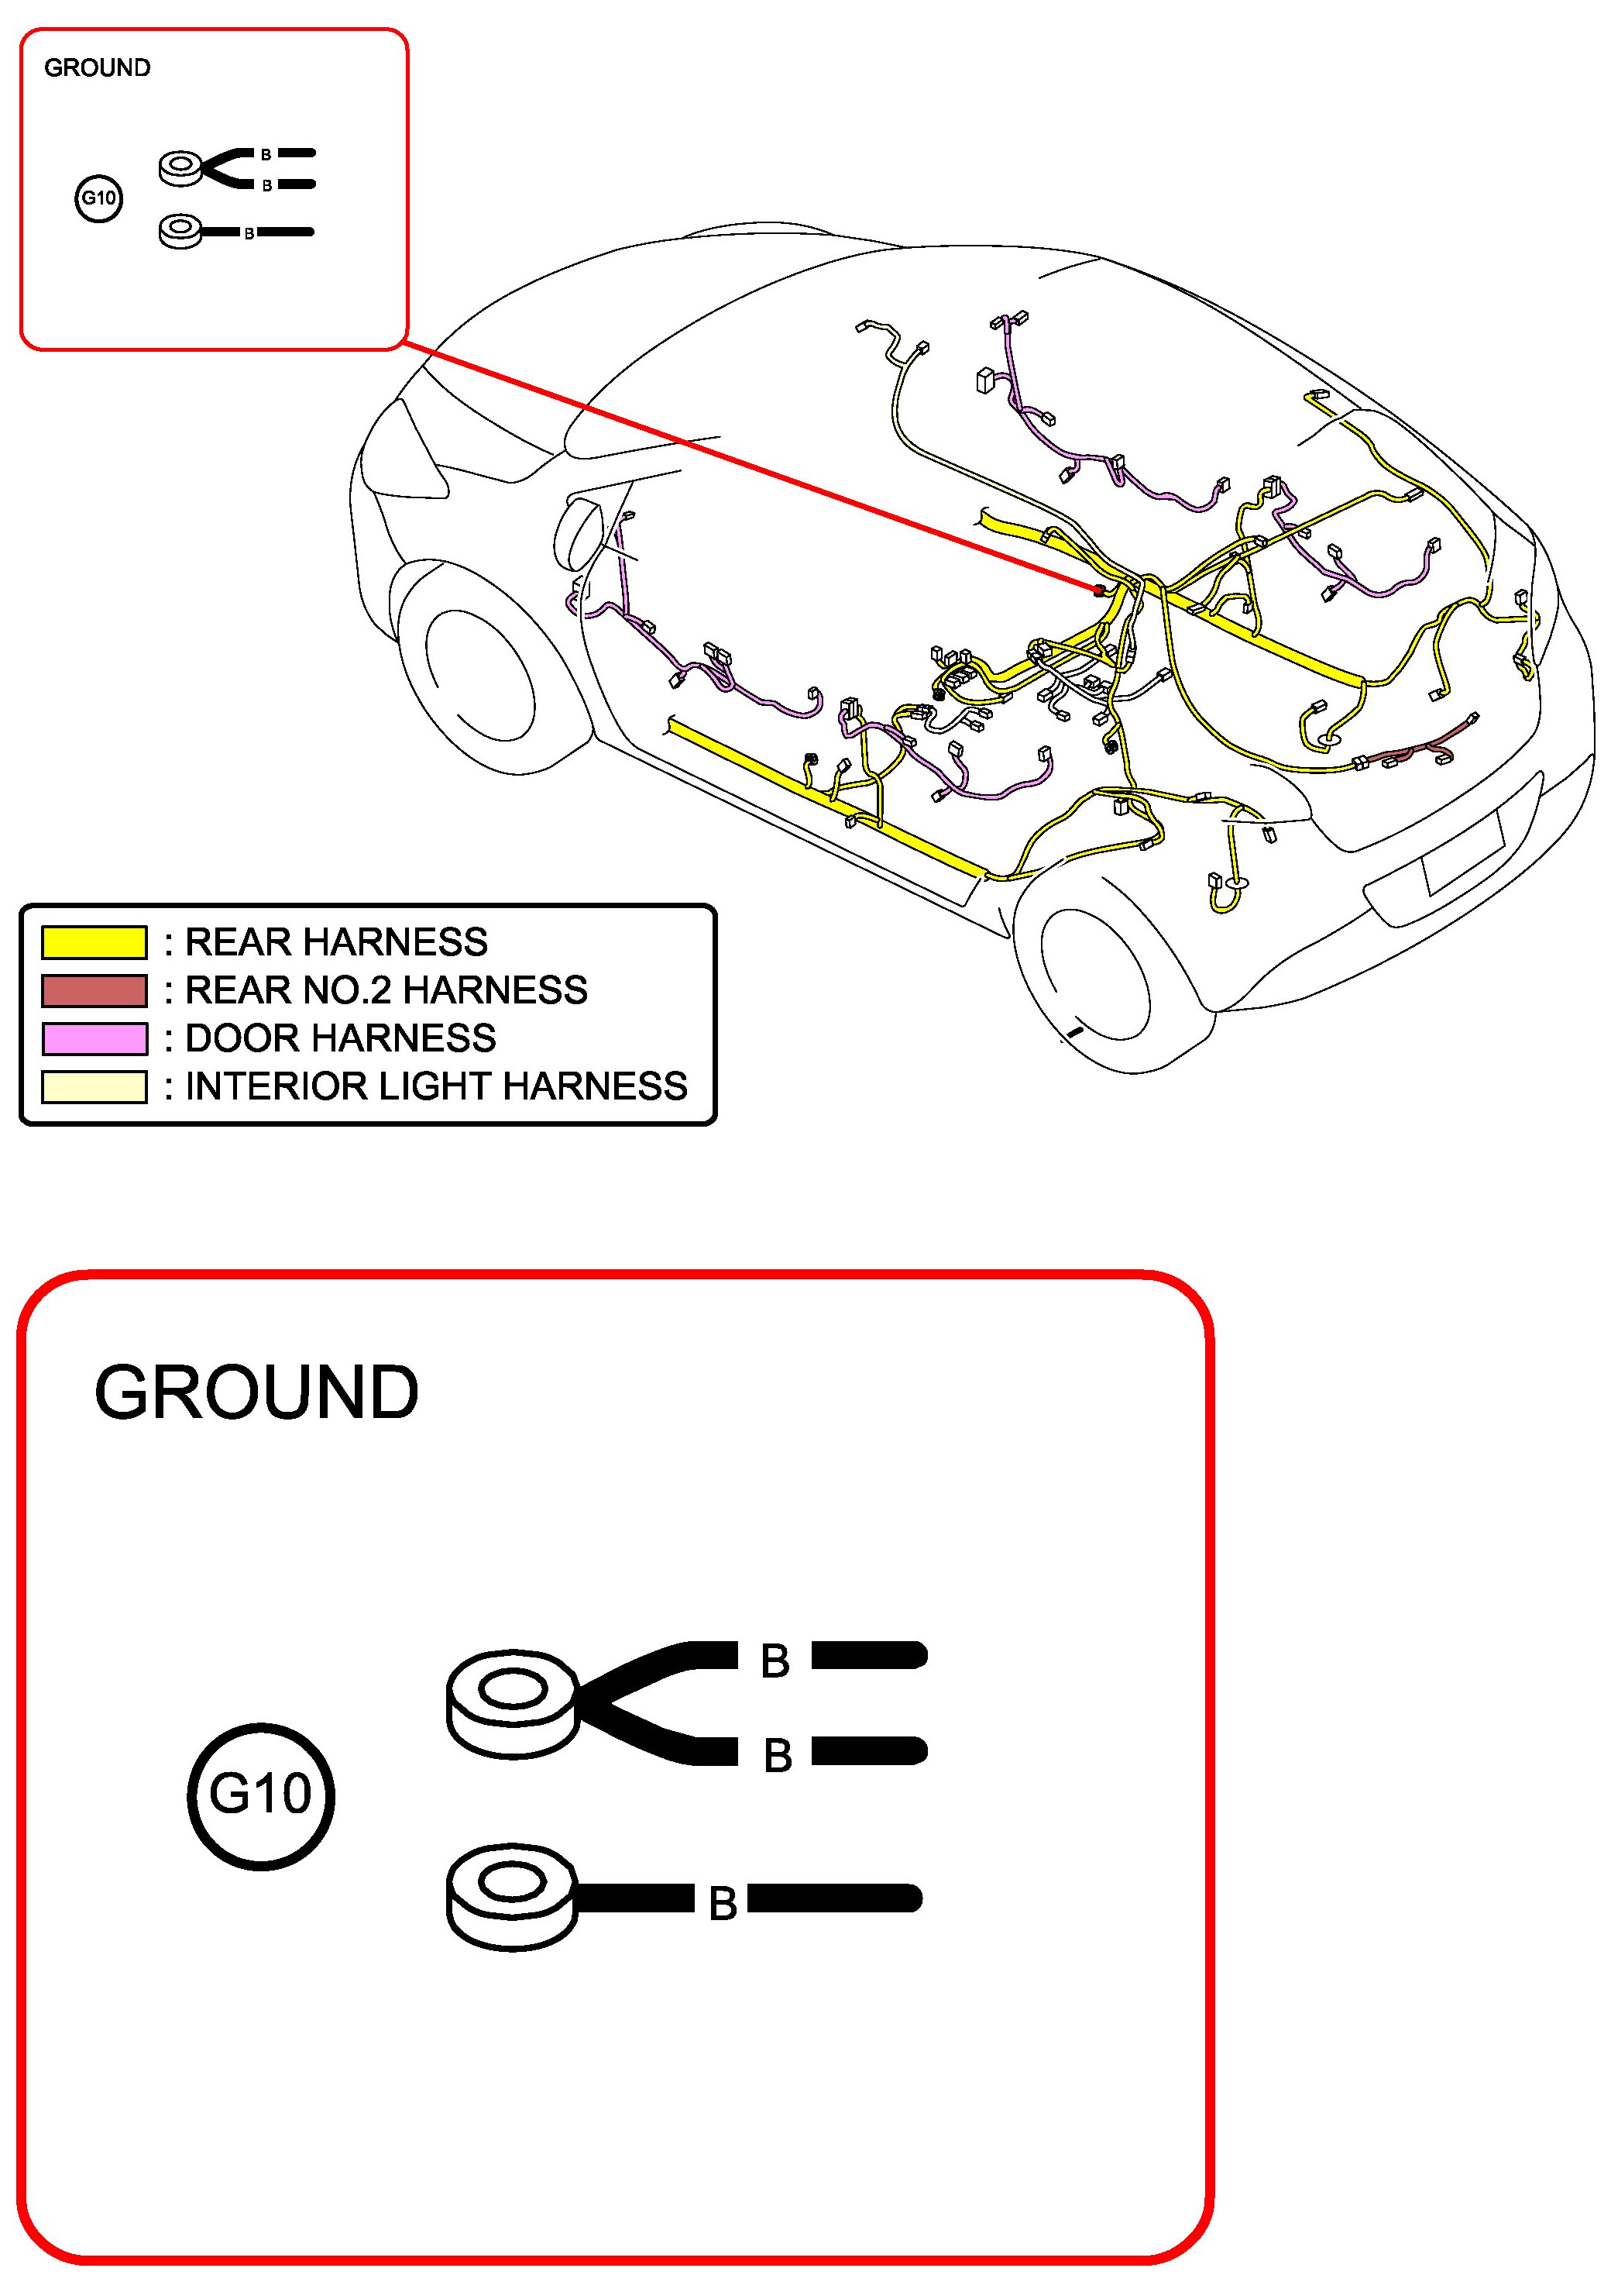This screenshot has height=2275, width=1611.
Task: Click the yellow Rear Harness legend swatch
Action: tap(94, 941)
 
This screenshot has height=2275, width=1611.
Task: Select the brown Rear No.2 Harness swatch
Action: tap(94, 990)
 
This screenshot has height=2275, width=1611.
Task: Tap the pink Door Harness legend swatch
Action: tap(94, 1038)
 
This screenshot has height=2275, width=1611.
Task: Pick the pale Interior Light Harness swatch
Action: tap(94, 1086)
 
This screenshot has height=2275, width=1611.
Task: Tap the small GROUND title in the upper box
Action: tap(98, 67)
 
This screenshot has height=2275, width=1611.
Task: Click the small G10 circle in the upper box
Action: tap(98, 198)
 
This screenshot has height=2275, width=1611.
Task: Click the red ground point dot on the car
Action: tap(1098, 591)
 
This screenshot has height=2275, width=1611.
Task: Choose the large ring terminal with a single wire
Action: tap(513, 1897)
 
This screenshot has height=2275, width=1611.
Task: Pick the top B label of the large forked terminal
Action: tap(775, 1661)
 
